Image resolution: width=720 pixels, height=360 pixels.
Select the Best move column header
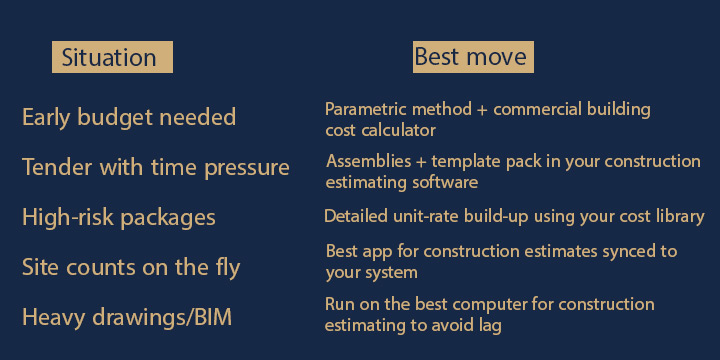pos(470,56)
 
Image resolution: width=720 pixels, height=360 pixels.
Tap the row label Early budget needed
pos(129,117)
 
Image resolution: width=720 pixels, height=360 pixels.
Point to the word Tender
pos(53,167)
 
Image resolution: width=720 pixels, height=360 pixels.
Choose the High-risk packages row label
pos(119,217)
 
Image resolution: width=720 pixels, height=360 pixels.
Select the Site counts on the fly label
pos(131,267)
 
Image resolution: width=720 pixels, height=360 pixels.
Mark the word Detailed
pos(352,216)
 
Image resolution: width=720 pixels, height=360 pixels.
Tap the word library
pos(681,216)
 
